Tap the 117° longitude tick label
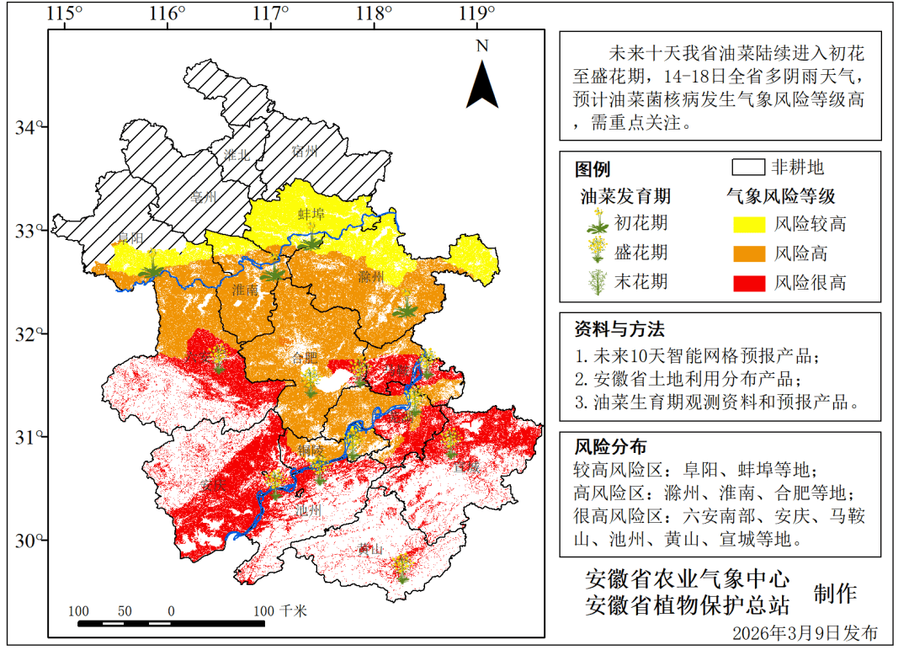271,13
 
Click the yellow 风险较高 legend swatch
745,224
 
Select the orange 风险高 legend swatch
745,253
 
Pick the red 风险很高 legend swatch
745,282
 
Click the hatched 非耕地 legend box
747,167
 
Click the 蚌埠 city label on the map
311,215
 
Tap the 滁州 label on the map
370,277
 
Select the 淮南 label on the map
245,290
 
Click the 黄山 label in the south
370,550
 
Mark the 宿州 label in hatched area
304,152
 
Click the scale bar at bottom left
172,623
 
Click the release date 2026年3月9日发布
805,632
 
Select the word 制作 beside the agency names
835,593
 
